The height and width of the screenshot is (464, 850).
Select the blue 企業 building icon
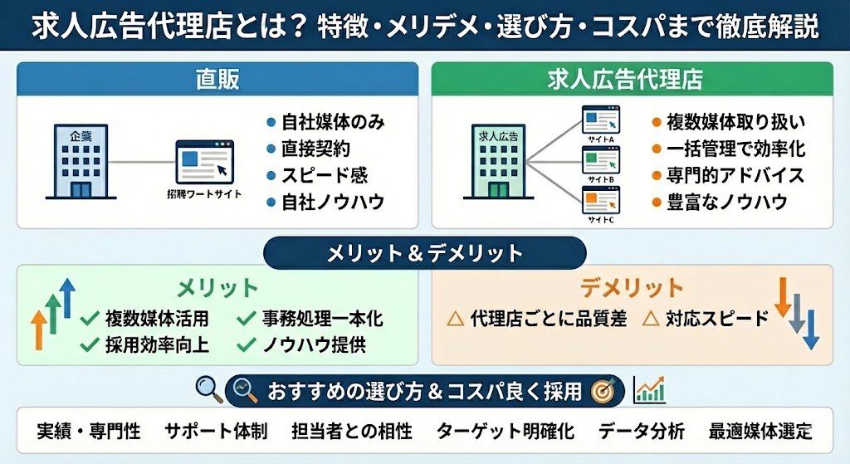coord(81,161)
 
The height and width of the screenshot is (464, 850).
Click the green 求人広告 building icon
coord(498,162)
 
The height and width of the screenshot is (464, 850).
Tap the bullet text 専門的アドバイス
coord(735,175)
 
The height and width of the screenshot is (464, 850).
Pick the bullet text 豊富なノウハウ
coord(727,202)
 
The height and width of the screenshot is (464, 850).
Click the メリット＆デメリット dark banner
coord(424,253)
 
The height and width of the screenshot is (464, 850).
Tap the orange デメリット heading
coord(632,288)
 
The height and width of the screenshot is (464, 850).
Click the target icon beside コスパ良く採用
coord(601,390)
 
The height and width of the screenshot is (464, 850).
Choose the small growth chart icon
coord(649,389)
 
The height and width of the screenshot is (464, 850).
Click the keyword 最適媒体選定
coord(760,432)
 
